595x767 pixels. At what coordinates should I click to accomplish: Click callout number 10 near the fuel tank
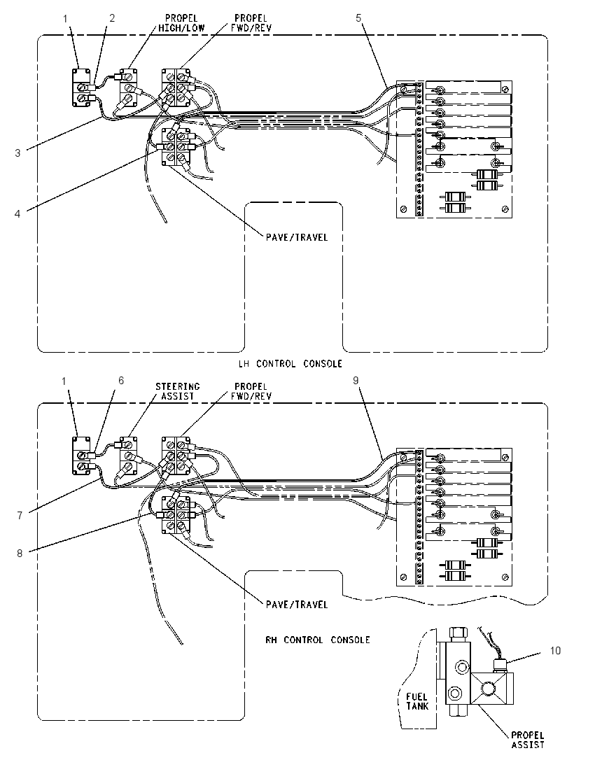[x=555, y=651]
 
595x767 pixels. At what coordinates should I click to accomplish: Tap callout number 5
[x=358, y=18]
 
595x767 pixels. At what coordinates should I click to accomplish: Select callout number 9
[x=356, y=381]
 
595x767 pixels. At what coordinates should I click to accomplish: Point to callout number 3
[x=17, y=153]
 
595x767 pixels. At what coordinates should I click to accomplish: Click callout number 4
[x=17, y=213]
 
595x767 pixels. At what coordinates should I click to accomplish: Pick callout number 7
[x=20, y=516]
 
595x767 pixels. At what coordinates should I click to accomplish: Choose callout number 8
[x=20, y=554]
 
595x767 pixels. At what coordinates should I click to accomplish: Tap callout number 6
[x=121, y=381]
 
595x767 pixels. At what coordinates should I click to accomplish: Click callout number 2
[x=112, y=18]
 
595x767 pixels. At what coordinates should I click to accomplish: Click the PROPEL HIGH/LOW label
[x=181, y=23]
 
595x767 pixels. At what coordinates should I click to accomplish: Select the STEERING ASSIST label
[x=178, y=391]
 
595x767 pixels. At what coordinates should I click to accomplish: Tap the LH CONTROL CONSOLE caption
[x=290, y=364]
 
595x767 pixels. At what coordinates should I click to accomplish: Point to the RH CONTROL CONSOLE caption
[x=318, y=640]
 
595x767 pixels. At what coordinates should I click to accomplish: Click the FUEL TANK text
[x=417, y=701]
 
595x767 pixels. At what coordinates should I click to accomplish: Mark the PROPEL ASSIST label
[x=528, y=740]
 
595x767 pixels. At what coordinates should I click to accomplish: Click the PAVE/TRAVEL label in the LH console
[x=297, y=237]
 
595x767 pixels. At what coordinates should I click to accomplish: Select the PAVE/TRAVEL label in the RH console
[x=297, y=605]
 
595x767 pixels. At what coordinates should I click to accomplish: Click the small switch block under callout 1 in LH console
[x=81, y=87]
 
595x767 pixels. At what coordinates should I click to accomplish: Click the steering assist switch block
[x=128, y=456]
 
